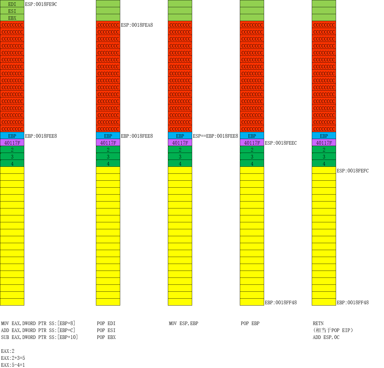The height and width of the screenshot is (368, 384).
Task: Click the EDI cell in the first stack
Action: point(12,4)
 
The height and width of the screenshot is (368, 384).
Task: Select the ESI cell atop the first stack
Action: point(12,11)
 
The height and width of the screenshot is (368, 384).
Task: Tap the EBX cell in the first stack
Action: point(12,18)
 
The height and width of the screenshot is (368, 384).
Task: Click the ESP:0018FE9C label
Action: point(41,4)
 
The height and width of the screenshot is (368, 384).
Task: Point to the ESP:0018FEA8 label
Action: point(137,25)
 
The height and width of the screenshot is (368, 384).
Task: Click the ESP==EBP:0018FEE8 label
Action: point(215,136)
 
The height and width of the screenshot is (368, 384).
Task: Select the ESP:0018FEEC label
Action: point(281,143)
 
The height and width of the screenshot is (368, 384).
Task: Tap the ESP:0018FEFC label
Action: point(353,171)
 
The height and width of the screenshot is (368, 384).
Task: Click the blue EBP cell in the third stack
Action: point(180,136)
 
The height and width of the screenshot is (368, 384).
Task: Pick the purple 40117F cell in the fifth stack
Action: point(324,143)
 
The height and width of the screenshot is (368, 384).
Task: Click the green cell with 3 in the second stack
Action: point(108,157)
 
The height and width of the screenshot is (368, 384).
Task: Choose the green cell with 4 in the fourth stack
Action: point(252,164)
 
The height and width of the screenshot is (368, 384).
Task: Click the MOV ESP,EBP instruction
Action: point(183,323)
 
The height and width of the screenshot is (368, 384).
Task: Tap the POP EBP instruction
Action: point(250,323)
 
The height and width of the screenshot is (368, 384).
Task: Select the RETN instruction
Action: point(318,323)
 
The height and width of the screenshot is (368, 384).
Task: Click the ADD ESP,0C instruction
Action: point(326,337)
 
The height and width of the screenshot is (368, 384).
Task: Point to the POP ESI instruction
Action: point(106,330)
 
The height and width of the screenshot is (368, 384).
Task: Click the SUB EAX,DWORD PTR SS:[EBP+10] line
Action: point(39,337)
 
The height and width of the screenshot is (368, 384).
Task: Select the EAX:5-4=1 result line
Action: point(13,365)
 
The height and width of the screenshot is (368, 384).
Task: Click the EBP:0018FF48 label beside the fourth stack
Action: point(281,302)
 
